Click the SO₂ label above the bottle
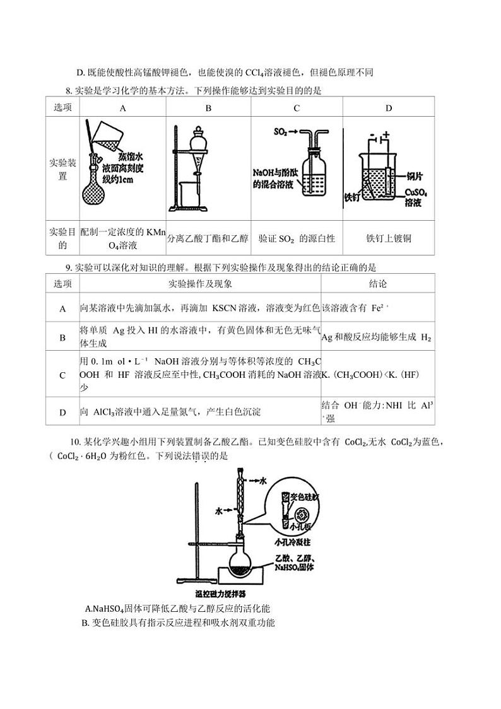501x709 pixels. point(281,132)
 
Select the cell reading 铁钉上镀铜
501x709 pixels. point(389,238)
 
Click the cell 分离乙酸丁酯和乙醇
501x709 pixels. point(208,238)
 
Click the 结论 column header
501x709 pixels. point(378,283)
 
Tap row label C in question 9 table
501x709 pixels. point(62,375)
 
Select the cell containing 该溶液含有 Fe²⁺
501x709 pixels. point(357,308)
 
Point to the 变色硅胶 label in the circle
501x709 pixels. point(304,497)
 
